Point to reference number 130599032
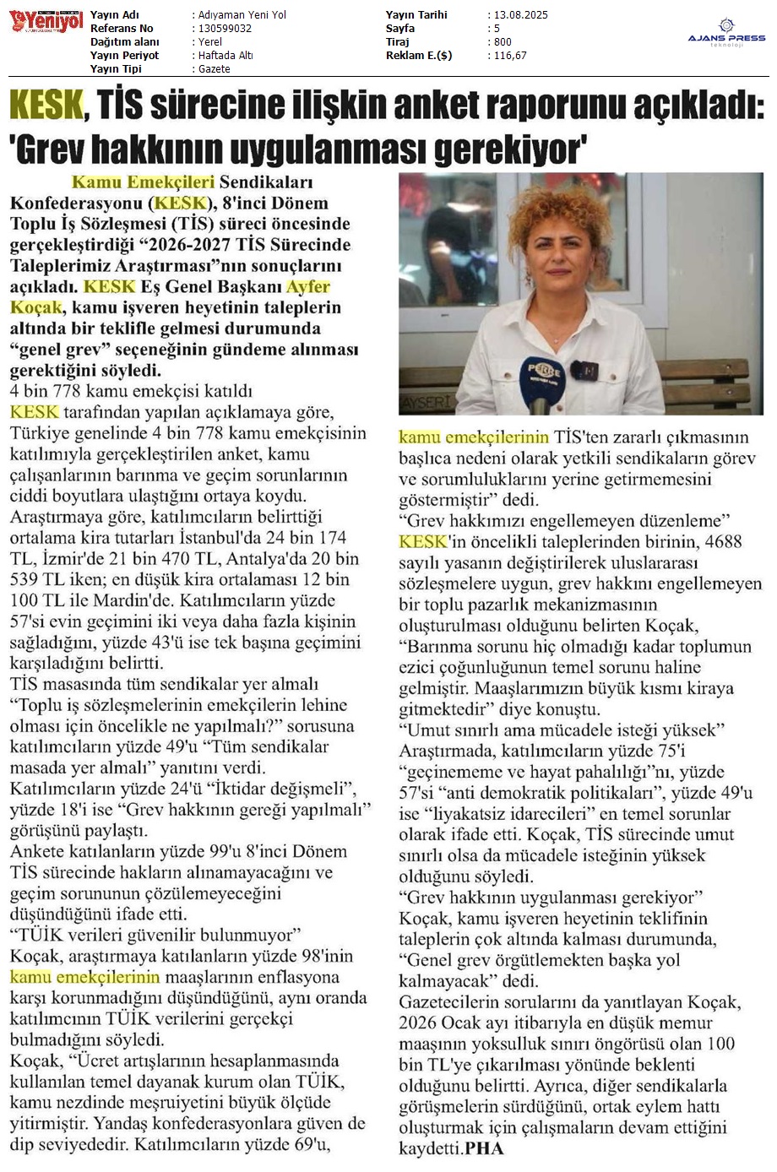(225, 29)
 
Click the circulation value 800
(503, 42)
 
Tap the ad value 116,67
(510, 56)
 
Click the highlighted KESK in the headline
(46, 106)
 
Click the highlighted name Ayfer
(308, 287)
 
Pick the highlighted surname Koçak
(36, 308)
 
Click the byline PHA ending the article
(484, 1149)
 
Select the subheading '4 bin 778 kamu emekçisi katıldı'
(131, 391)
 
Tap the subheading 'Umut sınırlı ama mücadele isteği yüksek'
(562, 730)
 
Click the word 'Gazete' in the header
(214, 69)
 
